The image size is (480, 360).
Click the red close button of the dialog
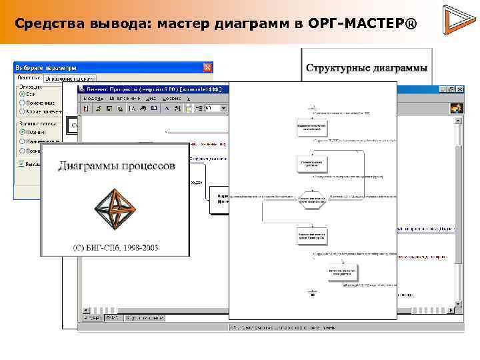coord(207,67)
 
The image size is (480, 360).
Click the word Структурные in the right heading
coord(337,68)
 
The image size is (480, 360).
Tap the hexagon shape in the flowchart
coord(312,199)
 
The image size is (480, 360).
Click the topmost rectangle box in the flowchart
coord(312,127)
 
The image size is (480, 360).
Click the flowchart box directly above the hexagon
coord(312,163)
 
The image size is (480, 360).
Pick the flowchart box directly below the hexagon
coord(312,236)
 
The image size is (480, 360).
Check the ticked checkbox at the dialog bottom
coord(22,163)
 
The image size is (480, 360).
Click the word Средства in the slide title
coord(45,24)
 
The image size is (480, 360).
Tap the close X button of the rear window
coord(460,89)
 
